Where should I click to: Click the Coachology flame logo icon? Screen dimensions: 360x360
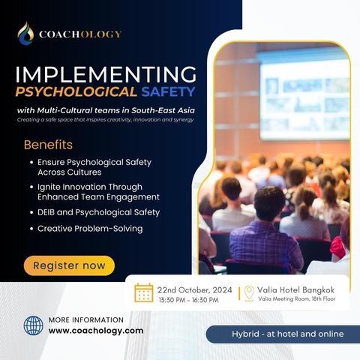pyautogui.click(x=25, y=34)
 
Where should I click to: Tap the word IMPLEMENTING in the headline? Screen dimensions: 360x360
pyautogui.click(x=106, y=74)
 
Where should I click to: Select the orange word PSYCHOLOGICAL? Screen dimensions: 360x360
pyautogui.click(x=76, y=91)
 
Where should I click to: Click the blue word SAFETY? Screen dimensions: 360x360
pyautogui.click(x=168, y=91)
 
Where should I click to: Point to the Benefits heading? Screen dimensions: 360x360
pyautogui.click(x=48, y=145)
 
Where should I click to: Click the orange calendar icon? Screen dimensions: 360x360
pyautogui.click(x=144, y=292)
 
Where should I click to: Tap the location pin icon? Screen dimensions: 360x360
pyautogui.click(x=249, y=292)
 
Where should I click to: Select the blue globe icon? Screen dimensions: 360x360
pyautogui.click(x=33, y=325)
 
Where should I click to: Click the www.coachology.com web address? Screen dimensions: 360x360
pyautogui.click(x=96, y=331)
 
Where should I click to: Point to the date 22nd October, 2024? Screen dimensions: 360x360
pyautogui.click(x=194, y=290)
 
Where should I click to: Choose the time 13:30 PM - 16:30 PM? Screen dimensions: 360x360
pyautogui.click(x=189, y=300)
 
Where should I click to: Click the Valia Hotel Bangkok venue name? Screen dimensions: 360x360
pyautogui.click(x=295, y=289)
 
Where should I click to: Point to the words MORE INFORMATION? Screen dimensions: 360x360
pyautogui.click(x=86, y=319)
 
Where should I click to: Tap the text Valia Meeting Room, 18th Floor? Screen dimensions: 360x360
pyautogui.click(x=297, y=298)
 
